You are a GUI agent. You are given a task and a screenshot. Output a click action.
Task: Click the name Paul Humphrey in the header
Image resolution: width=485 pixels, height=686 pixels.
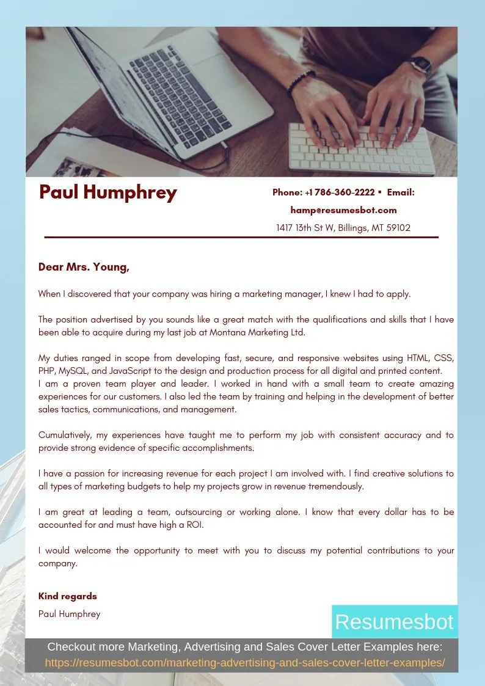coord(108,192)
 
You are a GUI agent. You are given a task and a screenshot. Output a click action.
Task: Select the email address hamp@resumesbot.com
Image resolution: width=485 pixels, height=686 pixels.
coord(343,210)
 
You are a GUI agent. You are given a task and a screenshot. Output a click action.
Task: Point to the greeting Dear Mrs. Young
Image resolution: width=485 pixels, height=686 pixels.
coord(84,267)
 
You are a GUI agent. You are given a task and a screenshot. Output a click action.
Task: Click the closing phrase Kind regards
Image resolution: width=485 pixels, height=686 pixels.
coord(67,596)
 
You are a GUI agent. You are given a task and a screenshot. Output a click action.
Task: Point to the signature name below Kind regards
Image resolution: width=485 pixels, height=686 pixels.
coord(69,614)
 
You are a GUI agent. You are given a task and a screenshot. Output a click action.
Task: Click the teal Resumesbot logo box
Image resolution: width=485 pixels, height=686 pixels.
coord(394,622)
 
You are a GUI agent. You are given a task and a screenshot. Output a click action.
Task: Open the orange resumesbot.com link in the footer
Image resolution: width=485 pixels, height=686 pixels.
coord(244,663)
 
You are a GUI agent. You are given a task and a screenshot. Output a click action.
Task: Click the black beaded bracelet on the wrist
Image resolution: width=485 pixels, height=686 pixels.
coord(301,82)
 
